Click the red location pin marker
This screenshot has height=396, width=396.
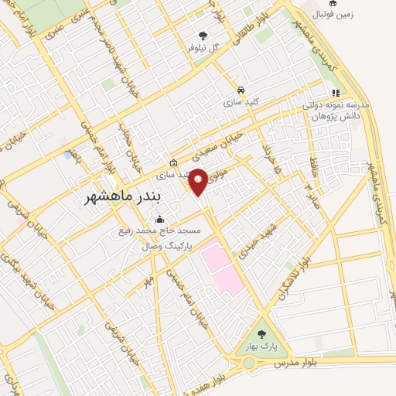point(199,181)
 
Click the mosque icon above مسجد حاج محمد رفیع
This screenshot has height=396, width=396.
point(159,219)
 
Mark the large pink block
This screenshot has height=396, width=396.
point(221,268)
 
